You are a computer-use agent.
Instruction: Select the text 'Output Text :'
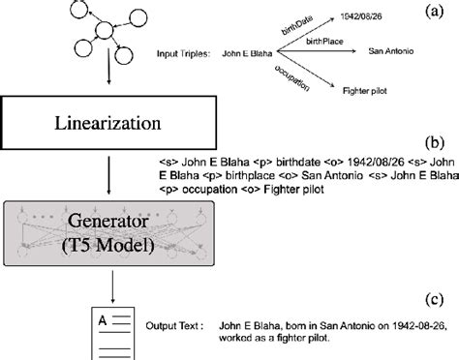175,326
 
